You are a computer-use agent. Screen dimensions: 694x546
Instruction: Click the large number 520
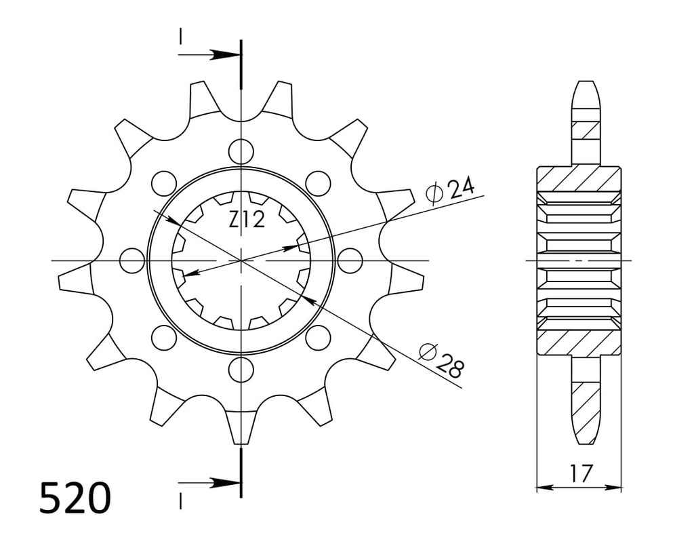pos(75,497)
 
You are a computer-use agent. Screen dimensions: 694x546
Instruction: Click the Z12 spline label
pos(247,219)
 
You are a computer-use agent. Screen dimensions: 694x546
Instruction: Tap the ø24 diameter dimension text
pos(450,191)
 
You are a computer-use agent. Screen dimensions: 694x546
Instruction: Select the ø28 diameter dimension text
pos(441,361)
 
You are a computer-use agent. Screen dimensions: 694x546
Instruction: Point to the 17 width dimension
pos(580,473)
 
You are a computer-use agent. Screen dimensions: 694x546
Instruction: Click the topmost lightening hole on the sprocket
pos(241,151)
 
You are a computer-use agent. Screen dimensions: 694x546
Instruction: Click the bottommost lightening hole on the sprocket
pos(241,368)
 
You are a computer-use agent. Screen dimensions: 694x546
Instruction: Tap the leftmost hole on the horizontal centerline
pos(132,260)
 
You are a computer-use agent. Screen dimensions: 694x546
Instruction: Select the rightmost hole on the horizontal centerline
pos(350,260)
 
